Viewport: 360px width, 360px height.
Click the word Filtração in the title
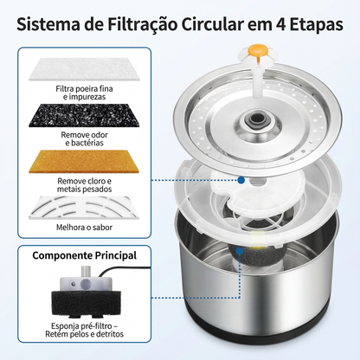pos(143,24)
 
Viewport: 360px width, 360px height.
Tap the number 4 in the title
pos(280,25)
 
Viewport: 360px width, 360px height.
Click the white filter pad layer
pos(84,69)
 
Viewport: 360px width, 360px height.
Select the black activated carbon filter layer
pos(84,115)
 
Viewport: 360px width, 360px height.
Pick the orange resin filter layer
pos(84,161)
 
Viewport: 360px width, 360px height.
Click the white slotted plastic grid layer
pos(84,208)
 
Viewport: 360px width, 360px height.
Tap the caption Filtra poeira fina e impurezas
pos(84,93)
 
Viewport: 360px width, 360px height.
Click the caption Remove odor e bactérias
pos(84,138)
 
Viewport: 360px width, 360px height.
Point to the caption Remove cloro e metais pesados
pos(84,185)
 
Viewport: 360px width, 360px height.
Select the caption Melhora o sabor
pos(84,228)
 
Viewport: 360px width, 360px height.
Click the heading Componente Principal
pos(84,255)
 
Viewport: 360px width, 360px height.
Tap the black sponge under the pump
pos(86,303)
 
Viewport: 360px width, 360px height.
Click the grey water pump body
pos(86,283)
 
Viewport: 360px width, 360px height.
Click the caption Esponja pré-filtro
pos(84,326)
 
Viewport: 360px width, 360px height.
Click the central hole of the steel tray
pos(255,119)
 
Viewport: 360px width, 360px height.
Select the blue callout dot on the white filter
pos(241,180)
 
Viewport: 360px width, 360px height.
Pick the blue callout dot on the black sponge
pos(240,251)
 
